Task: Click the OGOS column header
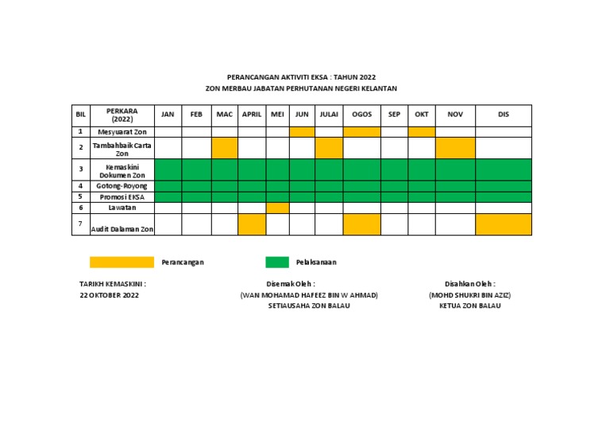361,115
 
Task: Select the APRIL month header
252,115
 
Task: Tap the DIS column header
503,115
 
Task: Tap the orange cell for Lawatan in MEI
277,208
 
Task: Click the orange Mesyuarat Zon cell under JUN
302,132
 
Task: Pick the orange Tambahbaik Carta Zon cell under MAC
225,148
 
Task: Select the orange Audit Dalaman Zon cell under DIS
503,224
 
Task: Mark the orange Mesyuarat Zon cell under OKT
422,132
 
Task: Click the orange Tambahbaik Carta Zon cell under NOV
455,148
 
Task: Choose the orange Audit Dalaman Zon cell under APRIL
252,224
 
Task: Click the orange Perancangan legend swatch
122,262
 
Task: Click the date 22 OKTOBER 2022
109,295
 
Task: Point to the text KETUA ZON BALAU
470,306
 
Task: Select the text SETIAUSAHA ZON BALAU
308,306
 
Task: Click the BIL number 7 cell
81,224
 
